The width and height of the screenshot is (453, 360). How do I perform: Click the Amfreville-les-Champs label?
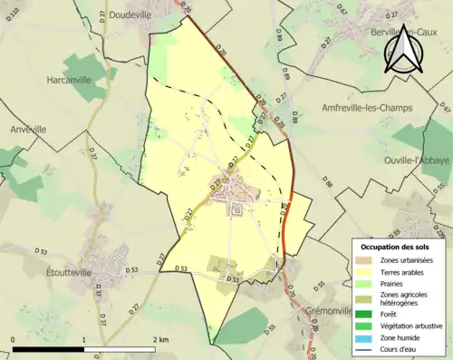pyautogui.click(x=367, y=107)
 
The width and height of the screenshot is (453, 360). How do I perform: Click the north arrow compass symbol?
pyautogui.click(x=403, y=49)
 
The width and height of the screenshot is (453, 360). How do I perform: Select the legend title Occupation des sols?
pyautogui.click(x=396, y=246)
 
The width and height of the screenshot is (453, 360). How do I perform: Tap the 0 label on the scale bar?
pyautogui.click(x=13, y=339)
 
